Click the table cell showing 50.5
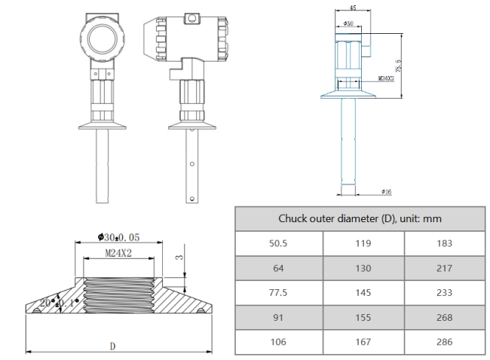pyautogui.click(x=278, y=244)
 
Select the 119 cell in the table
pyautogui.click(x=363, y=244)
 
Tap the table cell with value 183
pyautogui.click(x=445, y=244)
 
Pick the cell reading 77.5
pyautogui.click(x=278, y=293)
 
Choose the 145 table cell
pyautogui.click(x=363, y=293)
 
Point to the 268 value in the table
pyautogui.click(x=445, y=318)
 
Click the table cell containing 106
pyautogui.click(x=278, y=342)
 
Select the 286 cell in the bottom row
pyautogui.click(x=445, y=342)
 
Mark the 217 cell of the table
pyautogui.click(x=445, y=269)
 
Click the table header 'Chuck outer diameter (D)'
pyautogui.click(x=360, y=219)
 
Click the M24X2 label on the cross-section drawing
pyautogui.click(x=118, y=255)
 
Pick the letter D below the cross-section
pyautogui.click(x=112, y=346)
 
